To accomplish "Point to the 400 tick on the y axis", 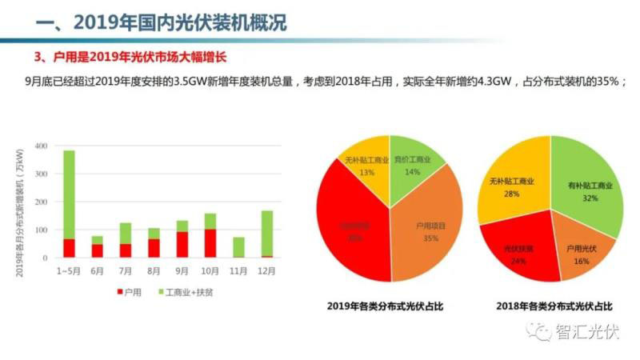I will [x=43, y=146].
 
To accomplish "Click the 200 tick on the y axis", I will [x=43, y=202].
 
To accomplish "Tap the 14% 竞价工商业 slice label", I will [x=413, y=171].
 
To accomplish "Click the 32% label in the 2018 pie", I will [x=590, y=198].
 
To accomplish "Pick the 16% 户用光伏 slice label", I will [x=581, y=259].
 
